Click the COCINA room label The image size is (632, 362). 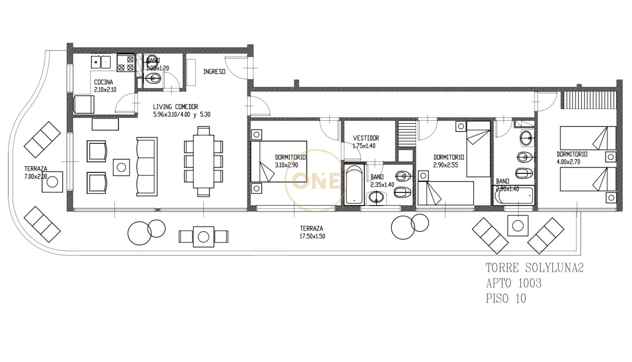(x=103, y=83)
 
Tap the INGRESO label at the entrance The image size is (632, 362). (x=214, y=72)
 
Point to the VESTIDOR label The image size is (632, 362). (x=366, y=138)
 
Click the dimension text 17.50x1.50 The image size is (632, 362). (x=312, y=237)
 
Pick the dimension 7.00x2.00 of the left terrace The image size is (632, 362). (x=35, y=177)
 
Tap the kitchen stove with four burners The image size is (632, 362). (x=126, y=63)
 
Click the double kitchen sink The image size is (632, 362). (x=101, y=62)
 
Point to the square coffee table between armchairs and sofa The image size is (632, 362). (x=122, y=167)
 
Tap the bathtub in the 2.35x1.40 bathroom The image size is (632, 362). (x=354, y=185)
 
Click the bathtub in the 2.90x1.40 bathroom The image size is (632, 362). (x=514, y=196)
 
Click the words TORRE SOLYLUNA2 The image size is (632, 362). (x=534, y=268)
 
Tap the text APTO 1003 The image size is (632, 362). (x=513, y=283)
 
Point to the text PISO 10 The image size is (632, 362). (x=505, y=299)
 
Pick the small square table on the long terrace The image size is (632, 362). (x=203, y=236)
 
